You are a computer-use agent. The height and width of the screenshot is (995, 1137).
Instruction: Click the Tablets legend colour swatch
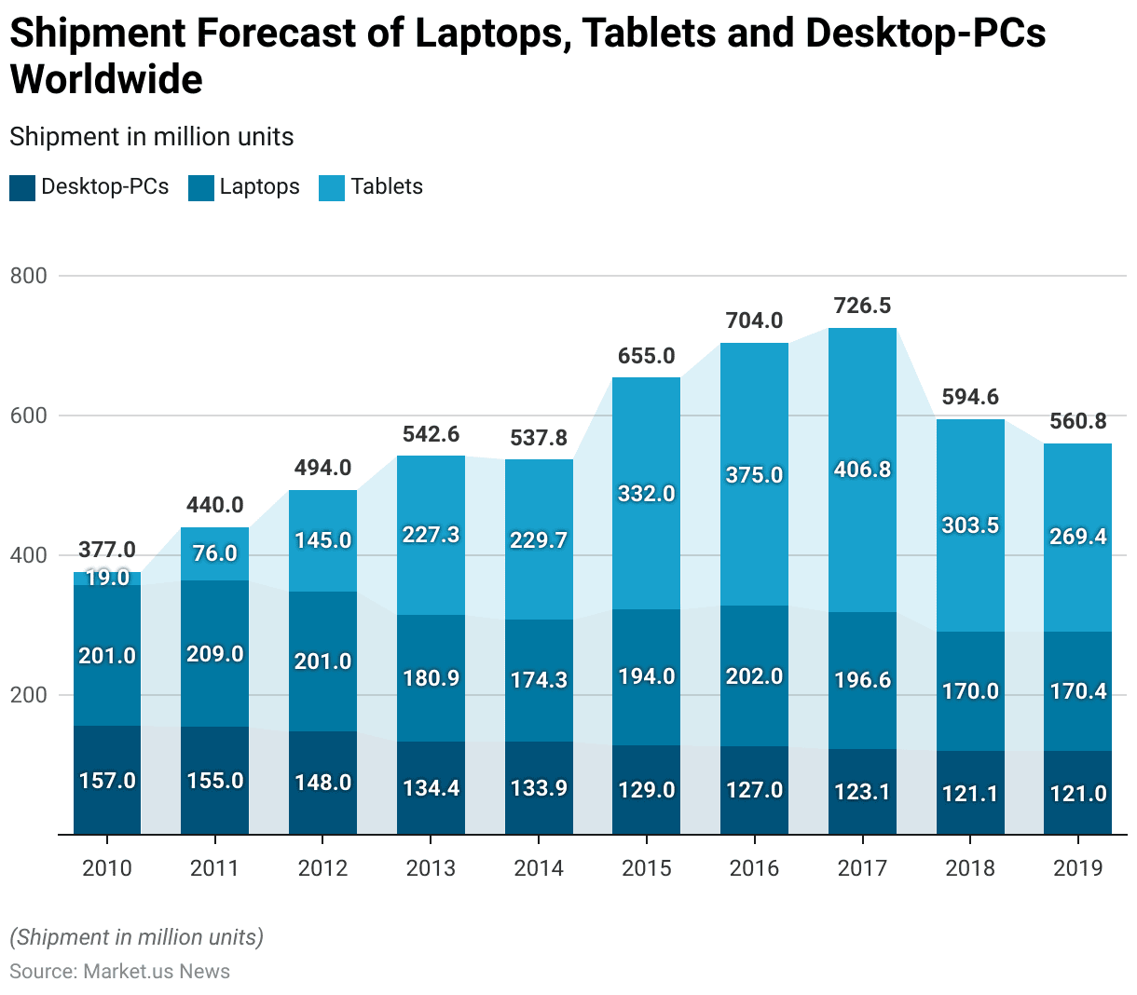(332, 187)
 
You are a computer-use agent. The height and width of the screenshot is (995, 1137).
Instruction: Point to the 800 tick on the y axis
(28, 276)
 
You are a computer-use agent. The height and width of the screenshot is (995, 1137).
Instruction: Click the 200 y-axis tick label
(28, 695)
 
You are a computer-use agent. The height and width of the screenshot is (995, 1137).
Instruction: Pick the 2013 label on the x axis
(431, 868)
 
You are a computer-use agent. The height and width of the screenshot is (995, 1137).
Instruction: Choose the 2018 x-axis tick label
(970, 868)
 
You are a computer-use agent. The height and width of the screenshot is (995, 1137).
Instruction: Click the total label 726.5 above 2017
(862, 306)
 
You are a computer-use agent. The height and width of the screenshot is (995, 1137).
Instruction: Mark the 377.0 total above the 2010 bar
(107, 551)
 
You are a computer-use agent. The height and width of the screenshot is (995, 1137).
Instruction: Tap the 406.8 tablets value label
(862, 470)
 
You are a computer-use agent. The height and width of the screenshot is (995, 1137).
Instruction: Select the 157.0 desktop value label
(107, 781)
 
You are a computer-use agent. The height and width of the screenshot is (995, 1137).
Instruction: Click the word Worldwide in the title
(106, 79)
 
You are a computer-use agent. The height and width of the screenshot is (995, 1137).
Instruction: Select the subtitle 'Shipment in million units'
(152, 137)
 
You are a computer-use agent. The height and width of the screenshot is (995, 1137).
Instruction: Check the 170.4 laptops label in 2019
(1077, 691)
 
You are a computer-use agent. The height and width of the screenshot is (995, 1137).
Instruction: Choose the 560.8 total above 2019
(1077, 421)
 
